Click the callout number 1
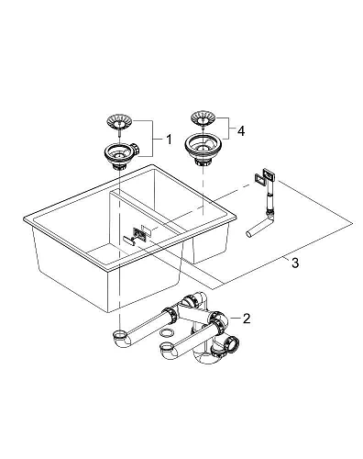click(169, 140)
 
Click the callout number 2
click(247, 319)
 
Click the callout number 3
click(295, 263)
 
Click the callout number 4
click(241, 131)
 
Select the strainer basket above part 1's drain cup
click(119, 121)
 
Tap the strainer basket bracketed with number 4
click(203, 118)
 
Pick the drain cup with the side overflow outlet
click(121, 154)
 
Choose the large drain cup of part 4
click(202, 149)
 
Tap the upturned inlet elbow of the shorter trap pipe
click(168, 350)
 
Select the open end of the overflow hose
click(248, 234)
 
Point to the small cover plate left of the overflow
click(128, 240)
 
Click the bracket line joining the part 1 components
click(153, 139)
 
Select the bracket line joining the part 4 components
click(229, 128)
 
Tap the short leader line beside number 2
click(236, 319)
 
